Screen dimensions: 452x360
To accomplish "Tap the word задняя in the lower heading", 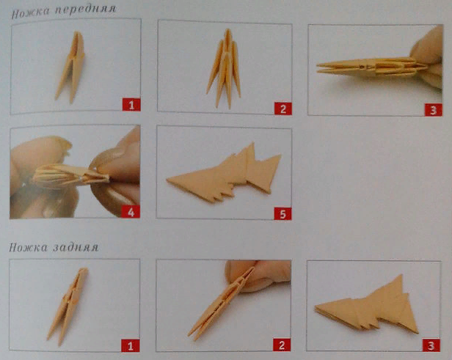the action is click(x=76, y=248).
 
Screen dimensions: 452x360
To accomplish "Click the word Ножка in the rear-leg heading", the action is click(x=28, y=247).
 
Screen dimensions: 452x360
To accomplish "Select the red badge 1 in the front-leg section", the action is click(x=131, y=105).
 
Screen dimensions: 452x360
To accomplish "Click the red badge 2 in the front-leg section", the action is click(x=282, y=109).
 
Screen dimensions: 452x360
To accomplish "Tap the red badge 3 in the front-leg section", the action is click(x=433, y=110).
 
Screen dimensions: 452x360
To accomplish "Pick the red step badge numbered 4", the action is click(x=131, y=212).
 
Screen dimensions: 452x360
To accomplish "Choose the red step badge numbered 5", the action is click(x=282, y=213).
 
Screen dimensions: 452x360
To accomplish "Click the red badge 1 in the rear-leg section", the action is click(x=131, y=345).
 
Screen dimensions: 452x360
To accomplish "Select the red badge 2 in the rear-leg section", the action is click(x=282, y=345).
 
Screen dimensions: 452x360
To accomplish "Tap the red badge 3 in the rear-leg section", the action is click(x=431, y=345).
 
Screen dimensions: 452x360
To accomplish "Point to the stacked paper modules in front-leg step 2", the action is click(x=225, y=69).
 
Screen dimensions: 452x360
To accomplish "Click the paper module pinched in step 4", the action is click(x=70, y=175).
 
